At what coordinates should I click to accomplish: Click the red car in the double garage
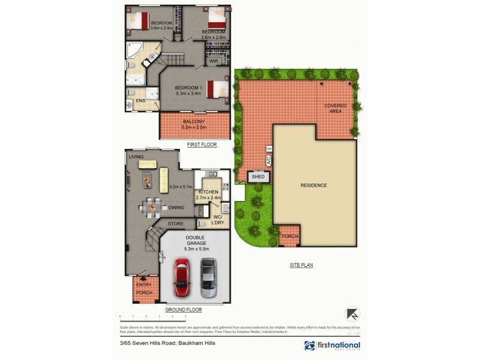point(182,277)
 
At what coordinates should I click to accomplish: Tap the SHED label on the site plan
point(258,177)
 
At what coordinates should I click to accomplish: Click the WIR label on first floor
point(212,61)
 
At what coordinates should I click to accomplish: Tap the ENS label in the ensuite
point(140,101)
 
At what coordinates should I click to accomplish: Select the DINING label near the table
point(176,208)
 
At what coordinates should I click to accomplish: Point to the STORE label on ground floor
point(175,224)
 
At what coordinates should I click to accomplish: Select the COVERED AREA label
point(335,108)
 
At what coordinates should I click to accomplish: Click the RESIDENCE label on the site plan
point(313,185)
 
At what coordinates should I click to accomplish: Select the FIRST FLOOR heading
point(202,145)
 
